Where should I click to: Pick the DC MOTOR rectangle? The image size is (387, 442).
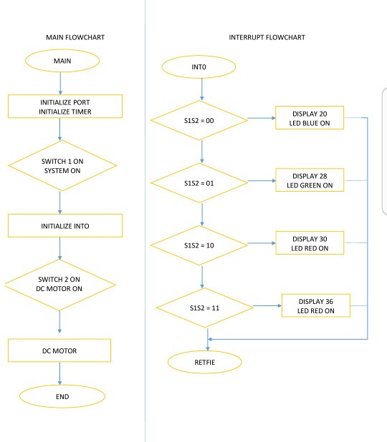click(x=60, y=350)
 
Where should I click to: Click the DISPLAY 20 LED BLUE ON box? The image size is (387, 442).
click(x=310, y=117)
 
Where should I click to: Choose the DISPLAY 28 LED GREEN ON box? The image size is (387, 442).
click(x=310, y=180)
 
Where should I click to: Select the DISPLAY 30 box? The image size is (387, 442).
click(x=310, y=242)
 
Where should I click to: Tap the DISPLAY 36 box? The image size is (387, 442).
click(x=315, y=305)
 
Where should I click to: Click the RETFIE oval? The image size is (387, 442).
click(x=201, y=361)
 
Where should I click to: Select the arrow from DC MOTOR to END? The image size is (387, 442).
click(x=60, y=373)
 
